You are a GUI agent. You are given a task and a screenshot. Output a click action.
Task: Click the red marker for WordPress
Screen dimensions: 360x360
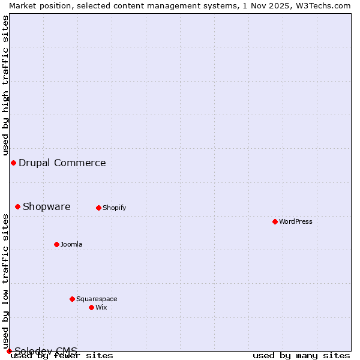click(275, 221)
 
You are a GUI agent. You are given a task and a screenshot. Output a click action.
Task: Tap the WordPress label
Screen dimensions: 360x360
click(296, 221)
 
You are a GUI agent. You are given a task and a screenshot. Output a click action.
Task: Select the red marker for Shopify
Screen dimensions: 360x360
click(98, 208)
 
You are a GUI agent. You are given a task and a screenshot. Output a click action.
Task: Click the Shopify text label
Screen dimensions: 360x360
click(114, 208)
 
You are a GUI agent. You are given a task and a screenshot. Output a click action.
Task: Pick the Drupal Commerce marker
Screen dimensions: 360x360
click(13, 163)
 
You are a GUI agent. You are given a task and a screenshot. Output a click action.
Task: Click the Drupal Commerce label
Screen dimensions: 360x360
click(62, 163)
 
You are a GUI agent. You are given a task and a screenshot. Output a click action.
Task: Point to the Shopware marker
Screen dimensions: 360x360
click(17, 206)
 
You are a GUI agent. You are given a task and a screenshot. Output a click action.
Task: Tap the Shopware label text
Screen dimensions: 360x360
click(47, 206)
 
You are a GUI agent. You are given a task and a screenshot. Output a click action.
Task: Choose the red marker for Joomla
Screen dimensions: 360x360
click(56, 244)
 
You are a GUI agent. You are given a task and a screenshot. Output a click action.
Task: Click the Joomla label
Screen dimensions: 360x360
click(71, 244)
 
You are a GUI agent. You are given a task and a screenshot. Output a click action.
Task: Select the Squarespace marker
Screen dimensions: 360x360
click(72, 299)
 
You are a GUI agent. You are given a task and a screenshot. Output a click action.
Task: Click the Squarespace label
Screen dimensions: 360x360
click(97, 299)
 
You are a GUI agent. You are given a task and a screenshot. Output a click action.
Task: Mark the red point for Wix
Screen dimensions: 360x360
click(91, 307)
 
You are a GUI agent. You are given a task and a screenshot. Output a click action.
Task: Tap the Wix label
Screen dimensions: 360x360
click(101, 307)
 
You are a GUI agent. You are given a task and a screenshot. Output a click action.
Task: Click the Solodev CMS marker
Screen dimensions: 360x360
click(9, 351)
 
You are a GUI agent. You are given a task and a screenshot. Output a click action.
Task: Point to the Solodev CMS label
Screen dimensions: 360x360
click(46, 351)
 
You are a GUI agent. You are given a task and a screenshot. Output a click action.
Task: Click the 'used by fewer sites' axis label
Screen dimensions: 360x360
click(62, 356)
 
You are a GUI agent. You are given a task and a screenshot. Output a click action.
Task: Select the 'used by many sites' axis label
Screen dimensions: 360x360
click(301, 356)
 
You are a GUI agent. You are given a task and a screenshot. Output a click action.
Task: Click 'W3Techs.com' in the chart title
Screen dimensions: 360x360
click(326, 5)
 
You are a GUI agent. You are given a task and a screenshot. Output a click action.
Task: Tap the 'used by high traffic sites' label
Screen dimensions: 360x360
click(5, 85)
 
